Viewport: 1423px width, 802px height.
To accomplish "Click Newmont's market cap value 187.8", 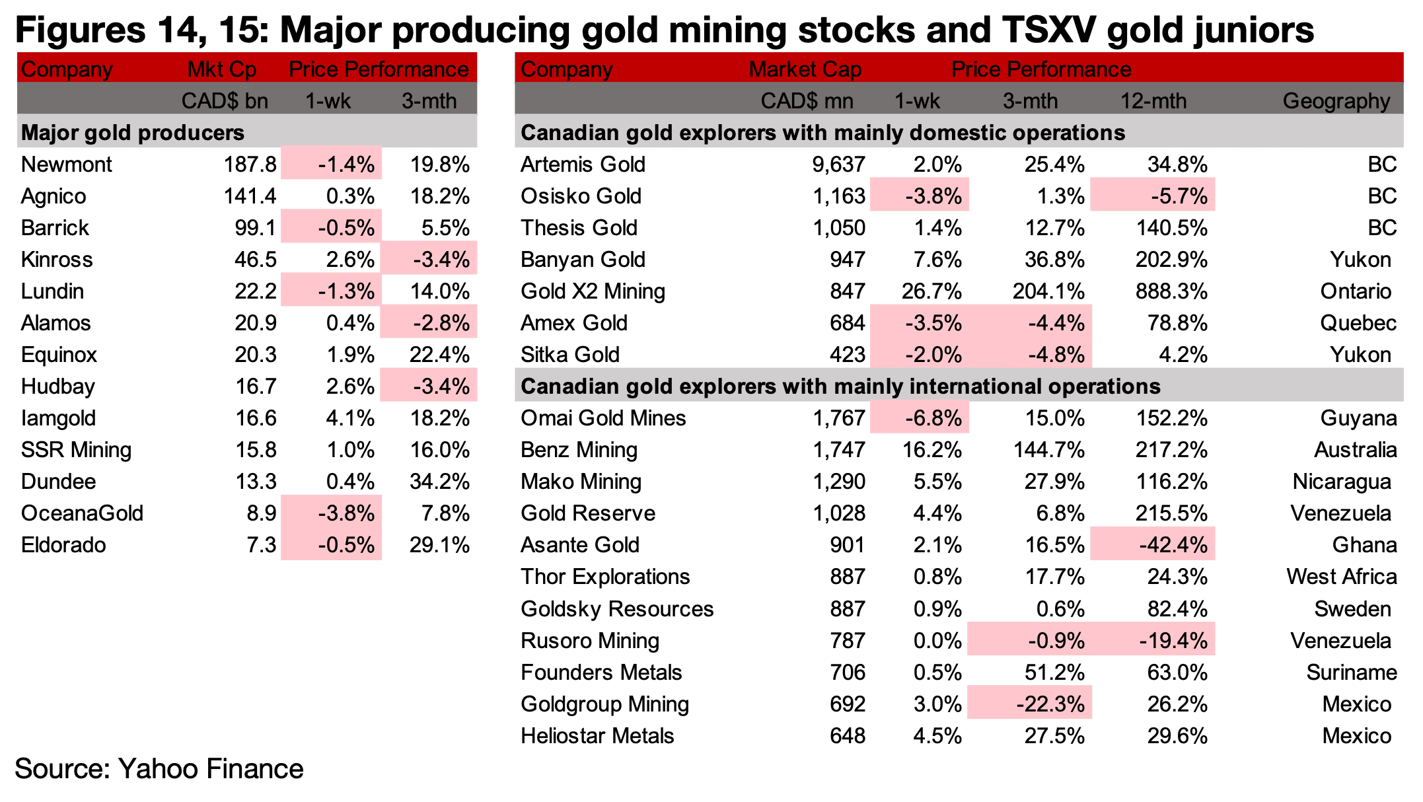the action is click(250, 164).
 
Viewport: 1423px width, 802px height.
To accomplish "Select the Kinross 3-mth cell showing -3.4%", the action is click(441, 259).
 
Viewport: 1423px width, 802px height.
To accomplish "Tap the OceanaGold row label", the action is click(82, 513).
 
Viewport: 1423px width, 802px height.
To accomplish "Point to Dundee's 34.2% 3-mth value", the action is click(439, 482).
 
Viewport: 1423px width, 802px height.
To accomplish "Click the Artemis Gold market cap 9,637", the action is click(838, 164).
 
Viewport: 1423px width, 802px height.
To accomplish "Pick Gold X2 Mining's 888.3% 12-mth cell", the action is click(1171, 291).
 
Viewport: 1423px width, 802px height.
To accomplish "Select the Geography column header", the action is click(1336, 101).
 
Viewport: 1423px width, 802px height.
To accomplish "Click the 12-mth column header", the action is click(1153, 101).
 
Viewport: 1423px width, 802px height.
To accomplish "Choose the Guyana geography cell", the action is click(1358, 418).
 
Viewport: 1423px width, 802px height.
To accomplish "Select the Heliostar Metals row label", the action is click(597, 736).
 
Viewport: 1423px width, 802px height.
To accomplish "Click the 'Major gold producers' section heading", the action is click(133, 133).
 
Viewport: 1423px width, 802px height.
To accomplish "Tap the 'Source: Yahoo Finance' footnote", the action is click(159, 769).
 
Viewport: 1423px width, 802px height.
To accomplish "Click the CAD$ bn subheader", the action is click(225, 101).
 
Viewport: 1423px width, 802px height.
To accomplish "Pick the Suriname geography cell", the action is click(1352, 673).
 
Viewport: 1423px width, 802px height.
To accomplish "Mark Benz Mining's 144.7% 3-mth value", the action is click(1049, 450).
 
